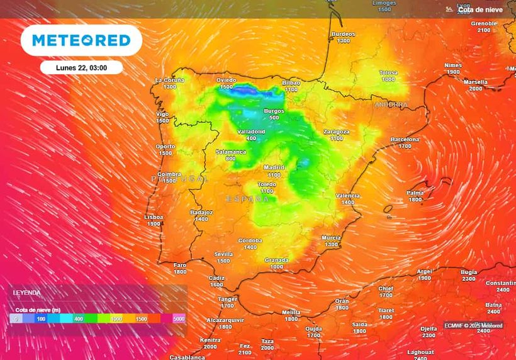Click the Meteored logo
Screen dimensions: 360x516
coord(81,40)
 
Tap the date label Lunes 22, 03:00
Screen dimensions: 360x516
coord(81,67)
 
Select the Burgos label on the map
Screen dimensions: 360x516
coord(274,111)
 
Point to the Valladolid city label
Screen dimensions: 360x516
coord(251,132)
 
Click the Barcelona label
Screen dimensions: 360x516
coord(405,139)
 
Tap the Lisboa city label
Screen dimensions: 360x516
coord(154,217)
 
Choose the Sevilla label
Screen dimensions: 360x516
coord(223,254)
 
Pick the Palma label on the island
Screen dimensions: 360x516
coord(415,193)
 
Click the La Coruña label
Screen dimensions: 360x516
coord(169,80)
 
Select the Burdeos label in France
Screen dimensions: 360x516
coord(343,34)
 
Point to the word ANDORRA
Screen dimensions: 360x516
coord(391,104)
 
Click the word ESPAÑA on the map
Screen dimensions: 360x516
coord(247,199)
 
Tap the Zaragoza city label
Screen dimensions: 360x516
coord(336,132)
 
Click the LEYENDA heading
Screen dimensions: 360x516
coord(27,293)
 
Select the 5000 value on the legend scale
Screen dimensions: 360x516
coord(179,319)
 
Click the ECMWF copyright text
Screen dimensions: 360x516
coord(473,325)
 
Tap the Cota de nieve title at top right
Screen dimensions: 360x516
coord(480,10)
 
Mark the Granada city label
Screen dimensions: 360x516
coord(276,259)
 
